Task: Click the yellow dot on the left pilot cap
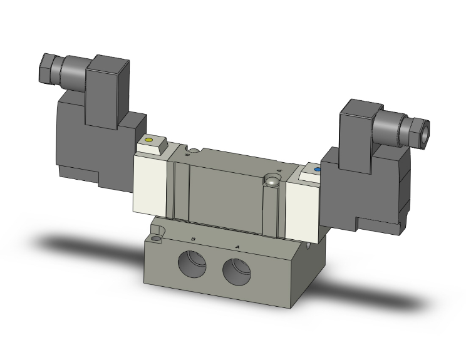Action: tap(148, 140)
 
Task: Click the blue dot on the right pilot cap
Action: tap(317, 169)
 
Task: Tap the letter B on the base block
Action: tap(195, 239)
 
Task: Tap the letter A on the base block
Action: tap(237, 246)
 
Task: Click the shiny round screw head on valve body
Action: tap(272, 182)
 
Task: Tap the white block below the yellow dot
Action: tap(150, 185)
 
